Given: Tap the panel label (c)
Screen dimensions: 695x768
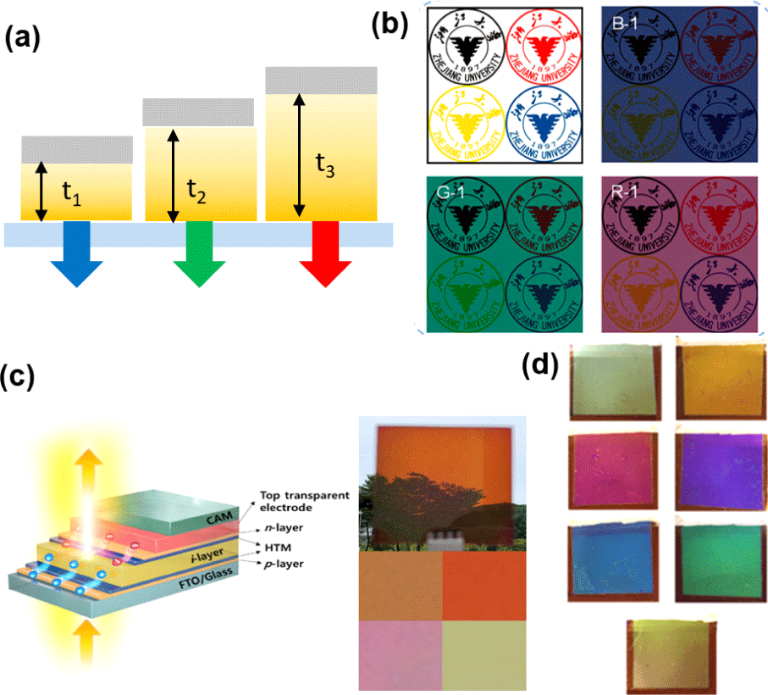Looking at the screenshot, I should click(19, 376).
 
